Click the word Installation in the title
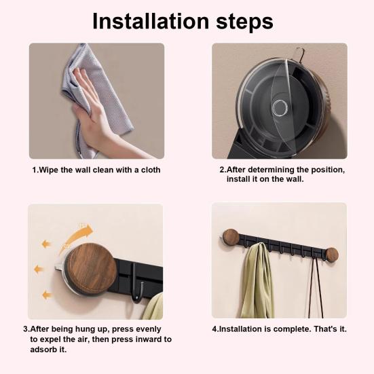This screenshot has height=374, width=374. tap(151, 21)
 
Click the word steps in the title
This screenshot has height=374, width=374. tap(244, 22)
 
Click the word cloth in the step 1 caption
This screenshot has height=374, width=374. tap(151, 170)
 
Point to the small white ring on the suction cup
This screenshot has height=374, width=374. tap(280, 107)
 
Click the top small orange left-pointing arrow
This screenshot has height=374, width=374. tap(47, 244)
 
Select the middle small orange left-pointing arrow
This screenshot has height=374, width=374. tap(39, 269)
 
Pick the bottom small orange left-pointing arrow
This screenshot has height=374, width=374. tap(47, 295)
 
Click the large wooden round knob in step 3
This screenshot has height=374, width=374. tap(92, 269)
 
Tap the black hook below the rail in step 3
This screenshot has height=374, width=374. tap(138, 284)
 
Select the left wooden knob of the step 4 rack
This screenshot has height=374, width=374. tap(231, 237)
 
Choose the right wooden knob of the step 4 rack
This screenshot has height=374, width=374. tap(332, 255)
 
